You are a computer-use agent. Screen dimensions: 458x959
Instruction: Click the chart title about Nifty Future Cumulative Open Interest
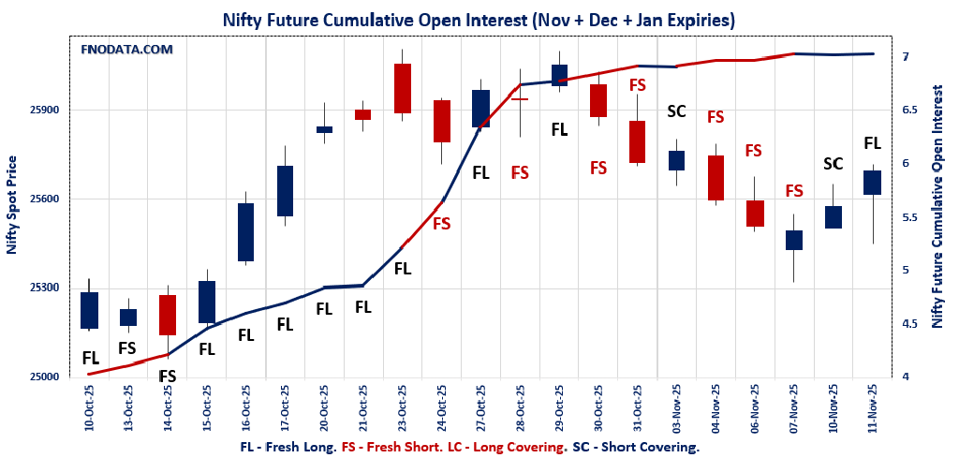479,19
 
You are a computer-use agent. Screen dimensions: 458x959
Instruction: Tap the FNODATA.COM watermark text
127,49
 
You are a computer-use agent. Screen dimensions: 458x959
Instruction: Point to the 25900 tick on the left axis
45,110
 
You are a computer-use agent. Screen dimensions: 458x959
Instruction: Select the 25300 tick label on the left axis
45,288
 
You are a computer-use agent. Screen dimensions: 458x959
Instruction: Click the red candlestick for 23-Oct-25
403,88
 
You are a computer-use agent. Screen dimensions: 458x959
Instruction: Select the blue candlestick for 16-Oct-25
245,231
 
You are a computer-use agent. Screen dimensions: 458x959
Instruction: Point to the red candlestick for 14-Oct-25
168,315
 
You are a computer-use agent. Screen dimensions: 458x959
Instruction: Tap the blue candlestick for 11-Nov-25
872,183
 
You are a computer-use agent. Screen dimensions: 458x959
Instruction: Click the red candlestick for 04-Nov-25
716,178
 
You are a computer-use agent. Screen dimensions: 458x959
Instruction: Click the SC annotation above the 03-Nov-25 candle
676,111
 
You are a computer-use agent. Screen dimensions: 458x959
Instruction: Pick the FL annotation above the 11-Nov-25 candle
872,143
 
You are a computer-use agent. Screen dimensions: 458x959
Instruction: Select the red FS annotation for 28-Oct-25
520,172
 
